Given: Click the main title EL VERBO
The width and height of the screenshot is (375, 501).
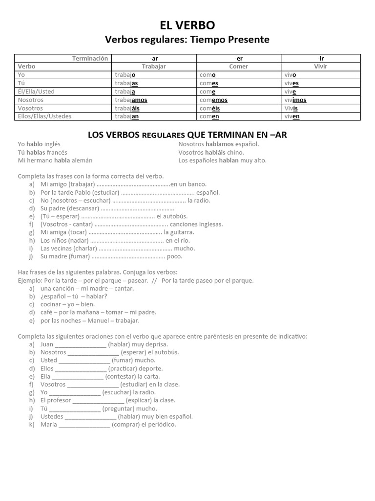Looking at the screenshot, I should (x=187, y=25).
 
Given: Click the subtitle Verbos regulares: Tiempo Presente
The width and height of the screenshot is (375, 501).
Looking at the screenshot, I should (x=187, y=40).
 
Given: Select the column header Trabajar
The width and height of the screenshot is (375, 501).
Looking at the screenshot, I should (x=154, y=66).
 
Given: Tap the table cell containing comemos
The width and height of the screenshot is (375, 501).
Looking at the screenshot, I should (x=214, y=100).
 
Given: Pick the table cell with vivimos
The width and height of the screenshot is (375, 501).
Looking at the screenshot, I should (x=295, y=100).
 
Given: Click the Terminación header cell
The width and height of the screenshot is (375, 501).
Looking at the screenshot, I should (x=90, y=58).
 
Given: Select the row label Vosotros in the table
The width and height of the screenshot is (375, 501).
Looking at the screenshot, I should (x=30, y=108).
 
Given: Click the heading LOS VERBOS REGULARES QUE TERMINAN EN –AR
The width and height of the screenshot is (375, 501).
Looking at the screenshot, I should (x=187, y=135).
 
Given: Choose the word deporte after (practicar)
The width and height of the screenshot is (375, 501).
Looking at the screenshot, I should (x=151, y=368).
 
